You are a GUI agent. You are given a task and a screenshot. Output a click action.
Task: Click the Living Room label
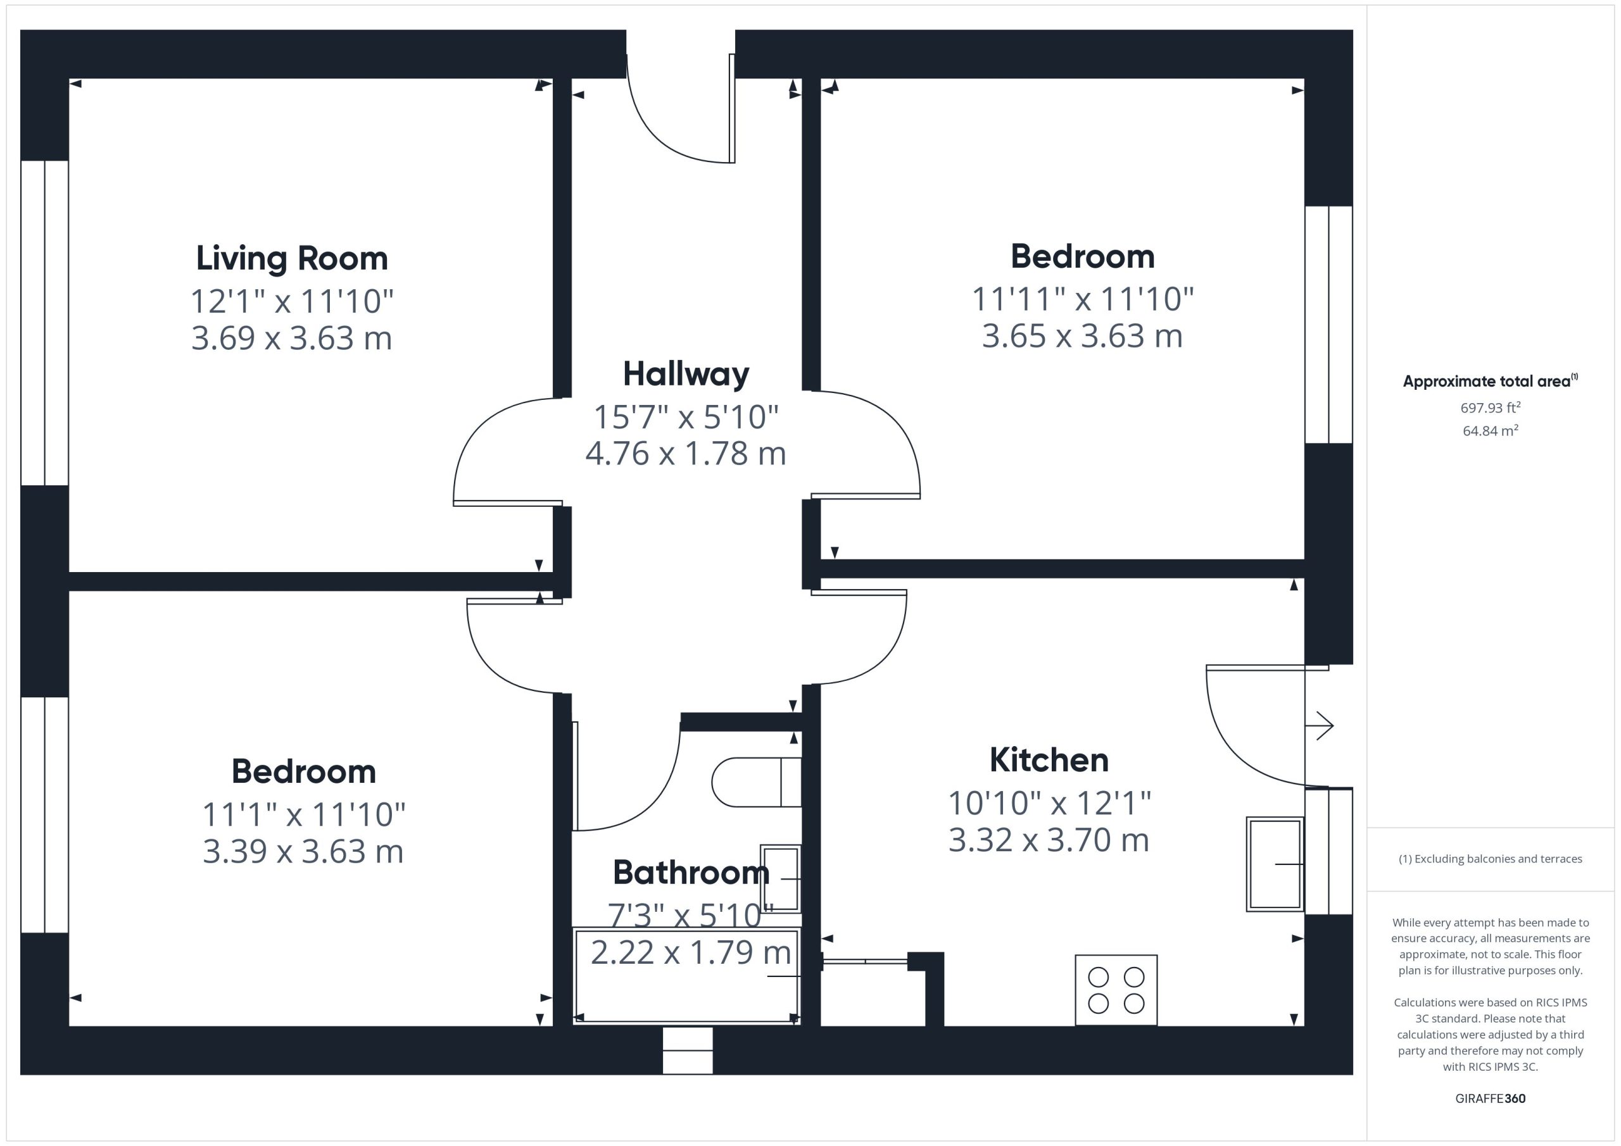(x=291, y=259)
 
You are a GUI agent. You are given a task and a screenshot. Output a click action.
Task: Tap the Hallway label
(x=686, y=375)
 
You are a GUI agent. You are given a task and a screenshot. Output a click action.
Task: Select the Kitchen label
(x=1049, y=760)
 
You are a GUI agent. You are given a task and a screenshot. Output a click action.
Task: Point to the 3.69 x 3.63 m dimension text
(x=291, y=338)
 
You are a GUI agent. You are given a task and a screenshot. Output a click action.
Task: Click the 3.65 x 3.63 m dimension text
(x=1082, y=336)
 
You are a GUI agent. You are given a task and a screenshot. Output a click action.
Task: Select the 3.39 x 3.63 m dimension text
(x=303, y=851)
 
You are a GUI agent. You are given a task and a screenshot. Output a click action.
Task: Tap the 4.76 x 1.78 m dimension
(x=686, y=453)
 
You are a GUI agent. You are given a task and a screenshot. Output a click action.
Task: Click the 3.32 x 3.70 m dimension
(x=1049, y=840)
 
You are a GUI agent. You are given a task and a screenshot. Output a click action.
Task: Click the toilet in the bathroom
(x=756, y=783)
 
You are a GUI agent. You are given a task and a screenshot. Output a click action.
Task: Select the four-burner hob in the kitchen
(x=1116, y=990)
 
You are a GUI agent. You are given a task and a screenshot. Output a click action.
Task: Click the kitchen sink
(x=1275, y=864)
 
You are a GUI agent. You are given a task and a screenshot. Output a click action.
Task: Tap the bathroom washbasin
(x=780, y=878)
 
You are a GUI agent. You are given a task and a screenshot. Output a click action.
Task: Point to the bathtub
(x=686, y=976)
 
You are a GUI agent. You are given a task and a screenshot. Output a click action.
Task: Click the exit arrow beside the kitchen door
(x=1320, y=725)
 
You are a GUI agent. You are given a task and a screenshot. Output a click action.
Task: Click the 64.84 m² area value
(x=1491, y=430)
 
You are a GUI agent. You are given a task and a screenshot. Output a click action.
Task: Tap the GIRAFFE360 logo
(x=1491, y=1099)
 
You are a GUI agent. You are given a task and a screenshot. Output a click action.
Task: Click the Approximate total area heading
(x=1491, y=381)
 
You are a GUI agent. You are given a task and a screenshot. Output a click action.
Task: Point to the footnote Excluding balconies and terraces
(x=1491, y=859)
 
